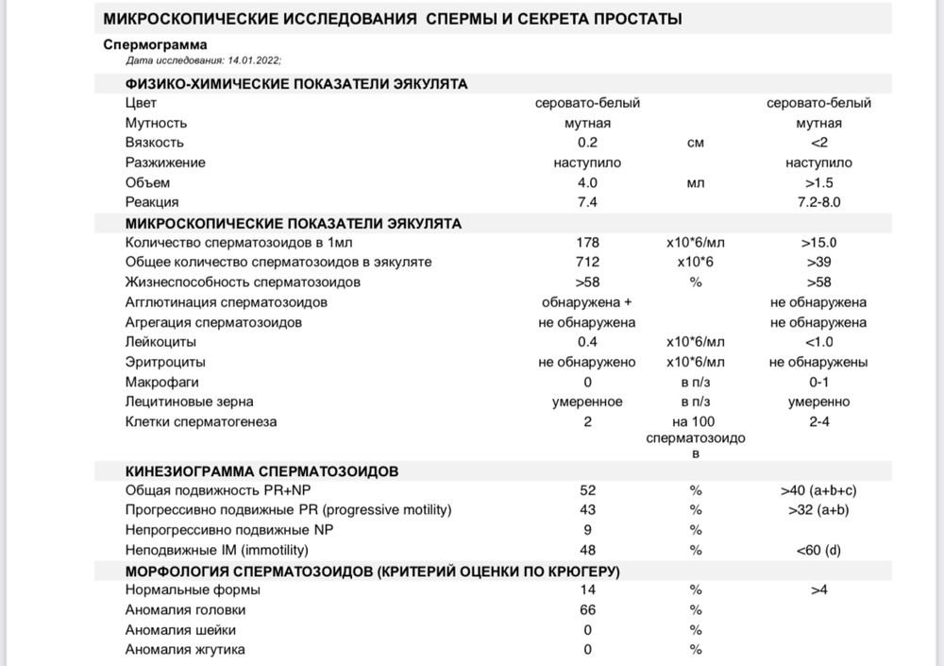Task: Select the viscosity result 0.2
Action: [587, 143]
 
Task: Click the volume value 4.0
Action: [587, 182]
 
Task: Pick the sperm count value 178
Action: [587, 243]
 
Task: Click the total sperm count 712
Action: [587, 263]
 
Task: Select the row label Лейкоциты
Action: [160, 342]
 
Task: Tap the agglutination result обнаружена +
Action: [587, 302]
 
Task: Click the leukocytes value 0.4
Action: [587, 342]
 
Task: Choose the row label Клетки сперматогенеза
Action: [201, 422]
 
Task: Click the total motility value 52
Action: [587, 490]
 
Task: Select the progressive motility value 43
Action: [587, 510]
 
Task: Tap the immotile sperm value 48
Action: [587, 550]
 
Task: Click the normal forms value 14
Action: [587, 590]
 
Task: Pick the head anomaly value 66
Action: [587, 610]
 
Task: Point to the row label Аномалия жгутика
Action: [185, 650]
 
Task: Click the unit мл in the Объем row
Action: [696, 182]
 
